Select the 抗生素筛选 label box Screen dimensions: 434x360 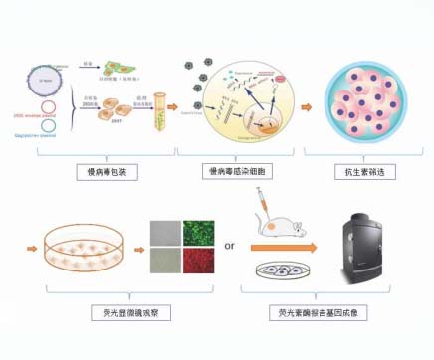(x=363, y=172)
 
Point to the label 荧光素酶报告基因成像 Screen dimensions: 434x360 (x=321, y=313)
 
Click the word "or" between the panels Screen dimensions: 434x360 (x=228, y=245)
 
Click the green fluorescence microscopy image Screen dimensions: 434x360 (x=197, y=233)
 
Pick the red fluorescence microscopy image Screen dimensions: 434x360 (x=197, y=260)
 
